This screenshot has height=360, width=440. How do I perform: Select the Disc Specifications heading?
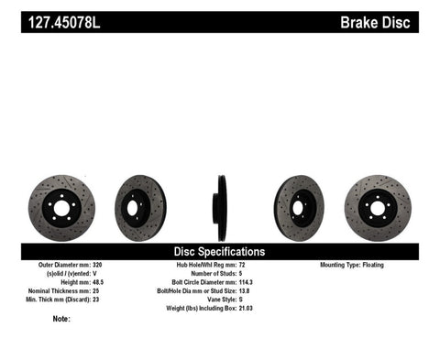[219, 251]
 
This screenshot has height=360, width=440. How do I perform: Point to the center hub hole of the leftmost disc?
[60, 208]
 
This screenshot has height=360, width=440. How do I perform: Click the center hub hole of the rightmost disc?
[378, 208]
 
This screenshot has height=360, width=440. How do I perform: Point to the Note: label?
[61, 320]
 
